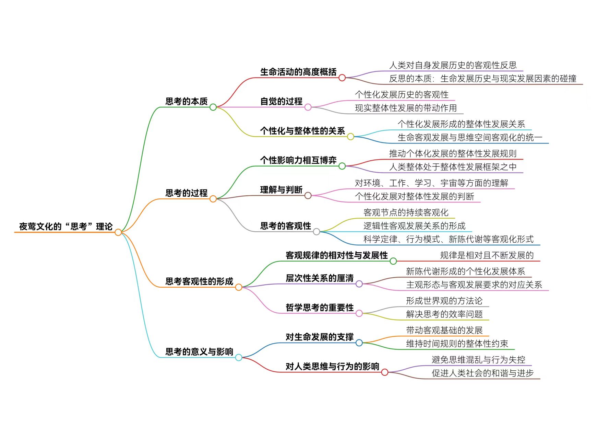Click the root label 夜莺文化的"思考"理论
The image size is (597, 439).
tap(66, 227)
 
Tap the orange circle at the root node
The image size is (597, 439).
tap(118, 232)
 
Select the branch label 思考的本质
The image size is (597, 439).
tap(187, 101)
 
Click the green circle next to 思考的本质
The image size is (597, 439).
tap(213, 107)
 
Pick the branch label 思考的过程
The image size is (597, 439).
tap(187, 193)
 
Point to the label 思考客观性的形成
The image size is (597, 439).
tap(199, 281)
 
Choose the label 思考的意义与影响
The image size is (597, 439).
tap(199, 352)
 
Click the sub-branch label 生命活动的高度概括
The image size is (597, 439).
tap(298, 72)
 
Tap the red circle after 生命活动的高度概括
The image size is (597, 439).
tap(342, 78)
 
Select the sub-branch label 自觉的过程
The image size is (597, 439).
tap(281, 101)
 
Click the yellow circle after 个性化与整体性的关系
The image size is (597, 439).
tap(350, 137)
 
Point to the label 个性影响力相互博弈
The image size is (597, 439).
tap(298, 160)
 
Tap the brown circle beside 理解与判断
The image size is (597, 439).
tap(308, 196)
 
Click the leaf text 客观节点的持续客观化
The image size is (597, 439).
tap(406, 212)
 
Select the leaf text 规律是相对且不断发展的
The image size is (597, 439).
tap(487, 255)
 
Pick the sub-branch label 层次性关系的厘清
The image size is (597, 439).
tap(320, 278)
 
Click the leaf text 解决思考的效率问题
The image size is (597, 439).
tap(444, 314)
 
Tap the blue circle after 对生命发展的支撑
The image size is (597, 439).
tap(359, 343)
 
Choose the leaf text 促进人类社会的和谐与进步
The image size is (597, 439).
tap(482, 373)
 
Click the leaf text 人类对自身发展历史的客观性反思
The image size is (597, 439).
tap(453, 65)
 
